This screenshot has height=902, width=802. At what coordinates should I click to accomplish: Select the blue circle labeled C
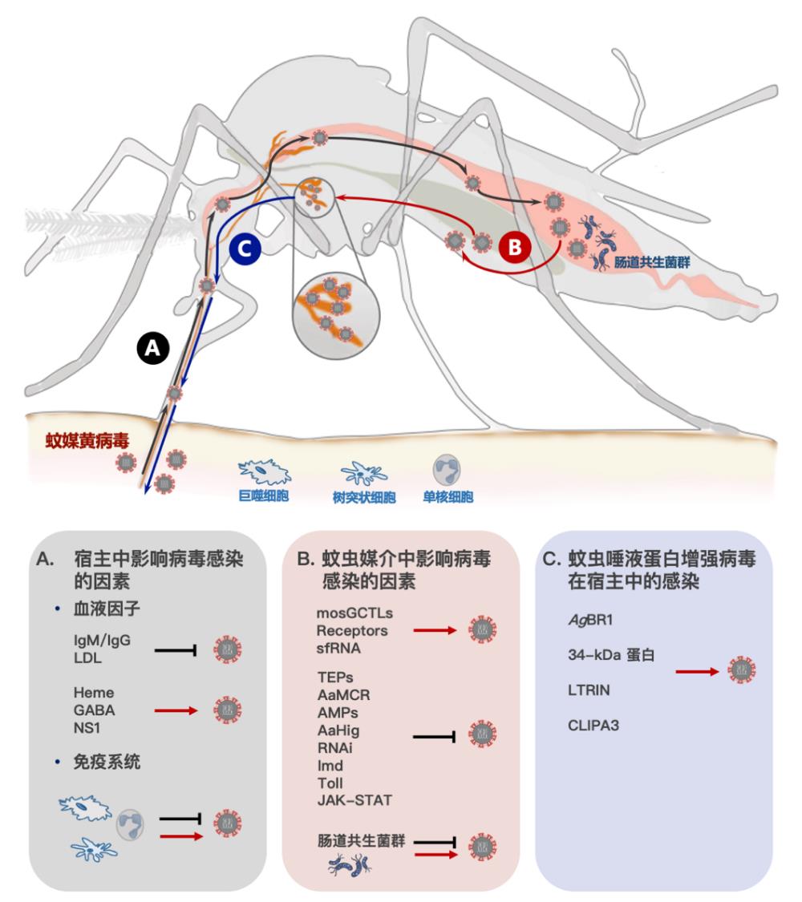(245, 249)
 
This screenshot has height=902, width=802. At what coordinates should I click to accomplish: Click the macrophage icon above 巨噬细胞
(264, 470)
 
